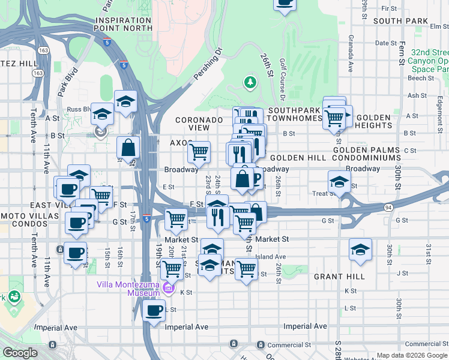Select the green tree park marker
coord(250,82)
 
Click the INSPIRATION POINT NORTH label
coord(123,24)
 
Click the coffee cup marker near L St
coord(154,311)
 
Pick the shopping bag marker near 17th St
coord(128,146)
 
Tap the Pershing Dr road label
coord(208,65)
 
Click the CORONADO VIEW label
coord(200,124)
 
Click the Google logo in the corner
coord(20,353)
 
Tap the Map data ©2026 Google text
coord(411,356)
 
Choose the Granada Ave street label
coord(349,53)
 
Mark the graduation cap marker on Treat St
coord(339,182)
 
